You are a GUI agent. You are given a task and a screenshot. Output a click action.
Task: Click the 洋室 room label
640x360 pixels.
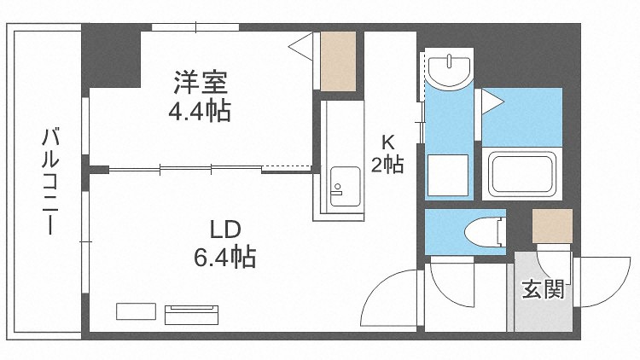[201, 82]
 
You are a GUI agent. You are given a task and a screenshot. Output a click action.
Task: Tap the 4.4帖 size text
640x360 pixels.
[200, 110]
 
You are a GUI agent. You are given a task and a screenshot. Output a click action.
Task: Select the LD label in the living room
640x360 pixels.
[225, 230]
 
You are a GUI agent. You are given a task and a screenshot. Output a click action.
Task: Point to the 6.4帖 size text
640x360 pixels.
[225, 257]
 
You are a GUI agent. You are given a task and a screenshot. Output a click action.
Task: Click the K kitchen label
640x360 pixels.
[387, 142]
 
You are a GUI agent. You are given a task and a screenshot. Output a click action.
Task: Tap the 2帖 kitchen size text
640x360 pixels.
[387, 165]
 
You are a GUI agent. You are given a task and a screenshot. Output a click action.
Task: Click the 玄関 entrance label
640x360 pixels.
[543, 289]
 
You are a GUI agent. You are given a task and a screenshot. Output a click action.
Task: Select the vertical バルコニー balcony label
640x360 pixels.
[50, 182]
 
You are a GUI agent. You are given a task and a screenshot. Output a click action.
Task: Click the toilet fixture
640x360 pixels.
[486, 232]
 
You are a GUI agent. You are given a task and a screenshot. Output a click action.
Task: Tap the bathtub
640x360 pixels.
[522, 174]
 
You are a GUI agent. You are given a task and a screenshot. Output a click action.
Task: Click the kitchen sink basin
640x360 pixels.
[346, 186]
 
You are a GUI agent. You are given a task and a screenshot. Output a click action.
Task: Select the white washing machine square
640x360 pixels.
[448, 175]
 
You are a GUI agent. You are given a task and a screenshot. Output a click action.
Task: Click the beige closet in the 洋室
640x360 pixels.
[339, 61]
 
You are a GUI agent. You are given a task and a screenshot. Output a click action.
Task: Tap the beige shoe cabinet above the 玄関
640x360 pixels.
[553, 226]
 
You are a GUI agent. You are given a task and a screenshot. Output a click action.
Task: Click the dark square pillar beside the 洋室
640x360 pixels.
[112, 56]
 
